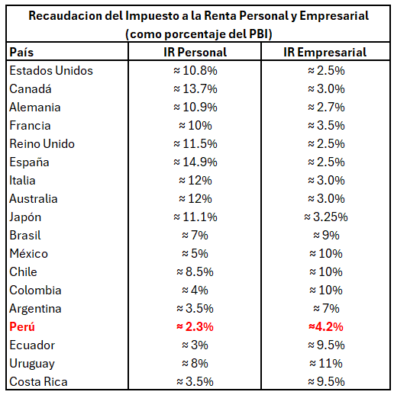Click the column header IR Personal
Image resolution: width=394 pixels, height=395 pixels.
click(x=195, y=52)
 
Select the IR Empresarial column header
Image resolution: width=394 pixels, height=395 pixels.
click(x=325, y=52)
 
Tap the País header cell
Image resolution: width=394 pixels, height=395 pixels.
click(x=21, y=52)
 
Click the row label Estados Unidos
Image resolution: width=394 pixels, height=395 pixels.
click(x=51, y=70)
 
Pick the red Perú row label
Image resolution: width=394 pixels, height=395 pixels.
click(x=22, y=326)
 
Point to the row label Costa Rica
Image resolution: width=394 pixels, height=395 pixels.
click(x=38, y=381)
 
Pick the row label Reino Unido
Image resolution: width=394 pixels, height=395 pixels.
click(x=42, y=143)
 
